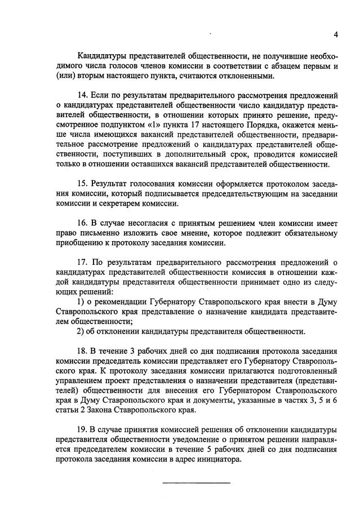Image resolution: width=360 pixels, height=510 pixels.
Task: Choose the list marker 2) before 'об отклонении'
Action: click(x=81, y=331)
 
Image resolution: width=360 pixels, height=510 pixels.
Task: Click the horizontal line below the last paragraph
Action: click(x=197, y=483)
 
